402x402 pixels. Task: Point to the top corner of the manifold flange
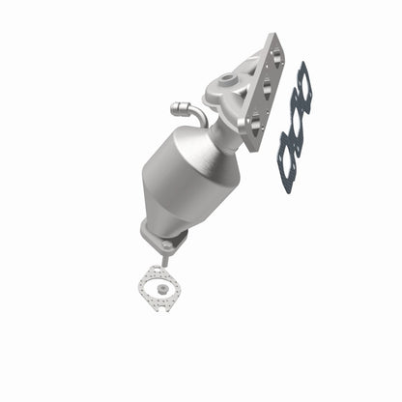[278, 37]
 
